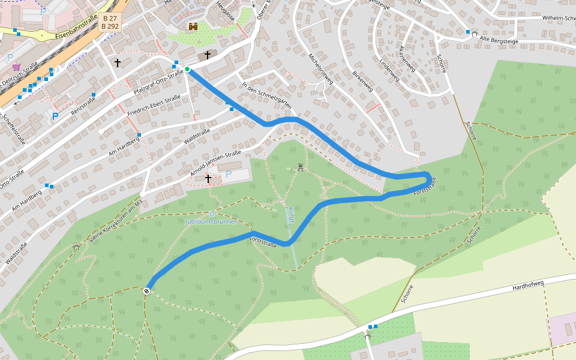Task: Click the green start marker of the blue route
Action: point(187,70)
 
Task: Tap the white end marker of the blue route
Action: point(146,291)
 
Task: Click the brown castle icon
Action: point(193,26)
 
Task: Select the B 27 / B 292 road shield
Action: point(109,22)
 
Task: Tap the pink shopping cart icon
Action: point(16,67)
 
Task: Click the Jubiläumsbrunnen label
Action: point(212,221)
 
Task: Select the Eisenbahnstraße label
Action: point(76,28)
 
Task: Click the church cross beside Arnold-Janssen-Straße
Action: point(208,178)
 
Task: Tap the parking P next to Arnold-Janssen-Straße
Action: point(228,174)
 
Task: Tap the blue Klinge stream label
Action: point(291,215)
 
